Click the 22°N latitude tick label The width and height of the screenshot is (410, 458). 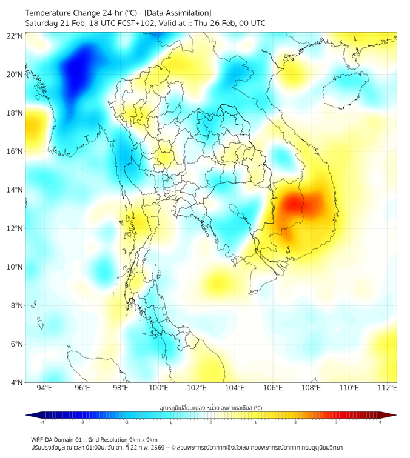[x=15, y=36]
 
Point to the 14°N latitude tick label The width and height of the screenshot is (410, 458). [x=15, y=190]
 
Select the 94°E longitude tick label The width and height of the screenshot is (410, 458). [x=44, y=388]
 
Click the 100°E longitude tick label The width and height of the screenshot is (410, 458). [x=159, y=388]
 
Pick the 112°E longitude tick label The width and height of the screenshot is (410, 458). [x=388, y=388]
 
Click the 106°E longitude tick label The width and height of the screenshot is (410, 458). [x=273, y=388]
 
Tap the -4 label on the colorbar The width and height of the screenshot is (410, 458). [x=42, y=422]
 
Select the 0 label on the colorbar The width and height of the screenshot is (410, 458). [x=211, y=422]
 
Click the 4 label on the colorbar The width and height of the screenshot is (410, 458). [x=380, y=422]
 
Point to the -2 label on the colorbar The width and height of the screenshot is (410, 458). [x=126, y=422]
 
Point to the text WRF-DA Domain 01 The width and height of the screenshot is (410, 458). [x=59, y=439]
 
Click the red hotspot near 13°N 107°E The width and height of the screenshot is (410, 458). [x=294, y=203]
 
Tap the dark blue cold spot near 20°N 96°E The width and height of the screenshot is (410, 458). [x=76, y=68]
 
